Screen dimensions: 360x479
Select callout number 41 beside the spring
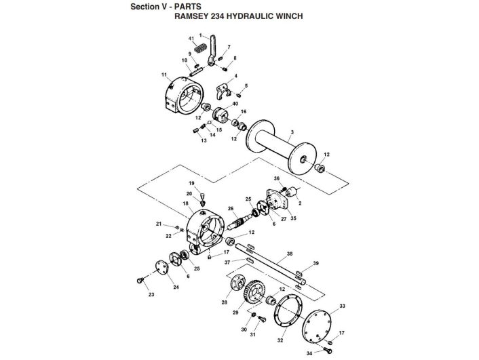click(x=191, y=39)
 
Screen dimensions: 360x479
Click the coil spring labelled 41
click(x=199, y=49)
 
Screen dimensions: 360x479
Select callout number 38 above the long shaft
click(x=289, y=254)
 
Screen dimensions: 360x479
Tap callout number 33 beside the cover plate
click(x=342, y=306)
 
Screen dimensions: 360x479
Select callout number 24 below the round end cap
click(x=176, y=287)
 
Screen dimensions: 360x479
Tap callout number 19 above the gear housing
click(x=192, y=184)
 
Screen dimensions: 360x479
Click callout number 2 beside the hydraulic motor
click(x=301, y=203)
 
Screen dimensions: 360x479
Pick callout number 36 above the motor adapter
click(x=276, y=178)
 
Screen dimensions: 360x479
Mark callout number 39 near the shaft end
click(x=315, y=263)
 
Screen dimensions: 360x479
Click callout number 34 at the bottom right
click(x=309, y=353)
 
